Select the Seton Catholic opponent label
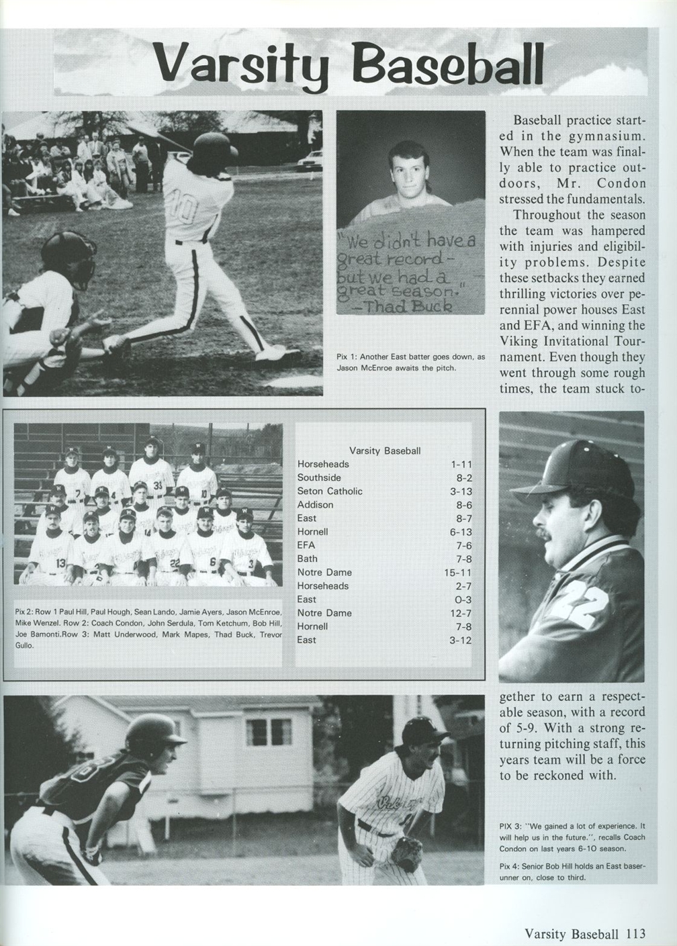click(x=330, y=491)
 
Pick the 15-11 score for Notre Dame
click(x=458, y=573)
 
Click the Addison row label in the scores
click(x=315, y=505)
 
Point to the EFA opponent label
click(x=306, y=545)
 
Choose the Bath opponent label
click(x=308, y=559)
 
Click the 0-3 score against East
click(x=463, y=600)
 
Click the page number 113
click(x=635, y=933)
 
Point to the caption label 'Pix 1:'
click(x=347, y=357)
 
